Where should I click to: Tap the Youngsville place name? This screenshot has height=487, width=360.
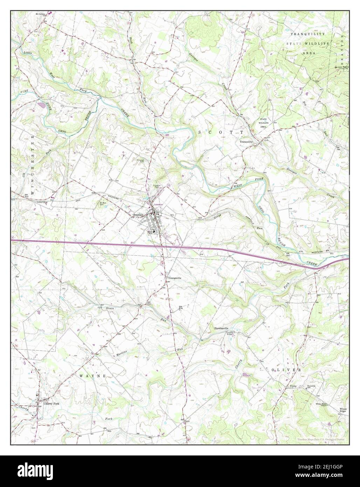(175, 278)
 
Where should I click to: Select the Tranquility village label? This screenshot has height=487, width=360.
(246, 142)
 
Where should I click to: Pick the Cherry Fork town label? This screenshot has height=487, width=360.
(52, 404)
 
